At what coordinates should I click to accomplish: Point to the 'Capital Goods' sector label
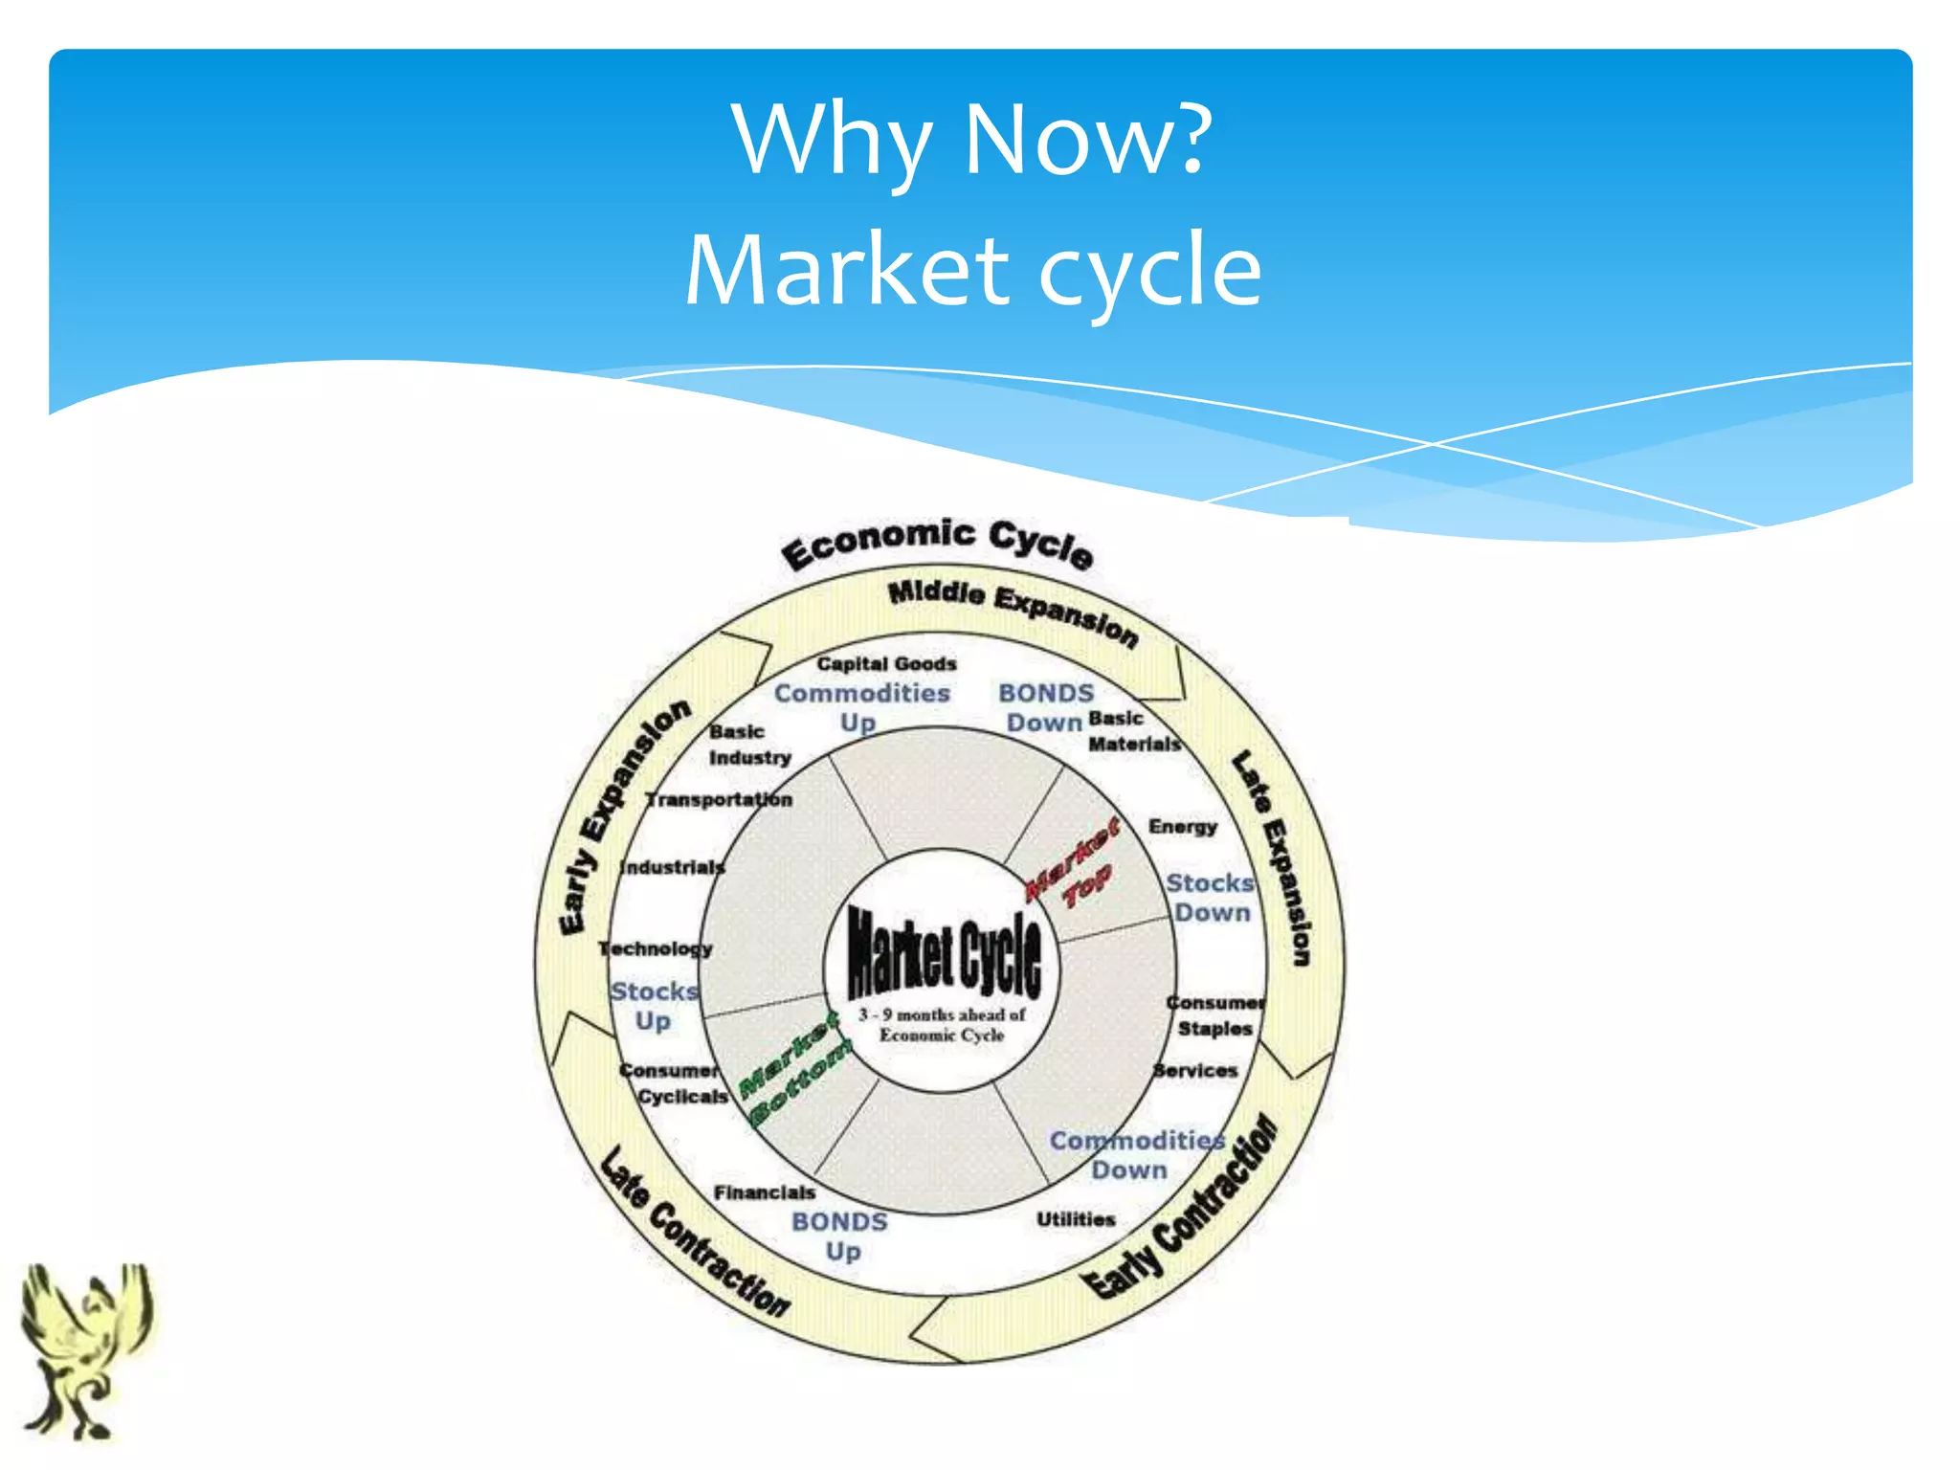point(886,663)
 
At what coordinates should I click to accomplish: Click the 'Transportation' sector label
point(719,799)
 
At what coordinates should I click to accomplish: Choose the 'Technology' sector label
point(656,948)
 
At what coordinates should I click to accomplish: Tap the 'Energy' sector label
point(1183,826)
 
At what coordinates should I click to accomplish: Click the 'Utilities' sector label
point(1076,1219)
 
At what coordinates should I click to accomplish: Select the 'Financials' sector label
point(764,1192)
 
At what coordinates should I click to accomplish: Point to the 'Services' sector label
point(1195,1070)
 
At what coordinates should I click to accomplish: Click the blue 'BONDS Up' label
point(840,1236)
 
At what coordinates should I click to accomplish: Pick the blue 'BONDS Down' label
point(1045,707)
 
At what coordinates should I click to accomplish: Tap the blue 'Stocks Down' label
point(1211,898)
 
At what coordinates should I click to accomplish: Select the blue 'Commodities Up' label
point(861,707)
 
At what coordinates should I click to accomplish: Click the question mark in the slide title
point(1192,141)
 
